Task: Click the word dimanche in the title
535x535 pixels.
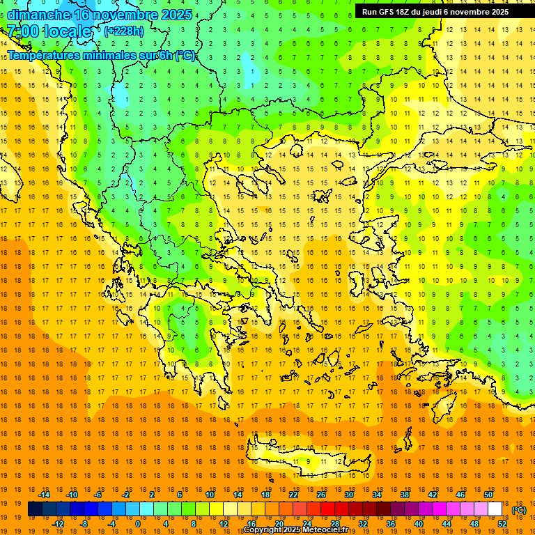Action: point(39,15)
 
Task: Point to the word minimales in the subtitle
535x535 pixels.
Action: point(98,55)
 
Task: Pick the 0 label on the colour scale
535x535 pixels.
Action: point(138,524)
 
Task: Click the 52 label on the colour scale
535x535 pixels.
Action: point(502,524)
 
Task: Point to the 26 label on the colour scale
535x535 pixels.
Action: point(321,495)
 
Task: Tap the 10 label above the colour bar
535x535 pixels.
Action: point(210,495)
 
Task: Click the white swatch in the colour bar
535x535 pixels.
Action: point(495,509)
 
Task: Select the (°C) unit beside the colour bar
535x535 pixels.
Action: point(519,510)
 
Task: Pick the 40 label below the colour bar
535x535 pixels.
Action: point(419,524)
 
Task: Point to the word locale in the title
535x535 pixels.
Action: point(67,31)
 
